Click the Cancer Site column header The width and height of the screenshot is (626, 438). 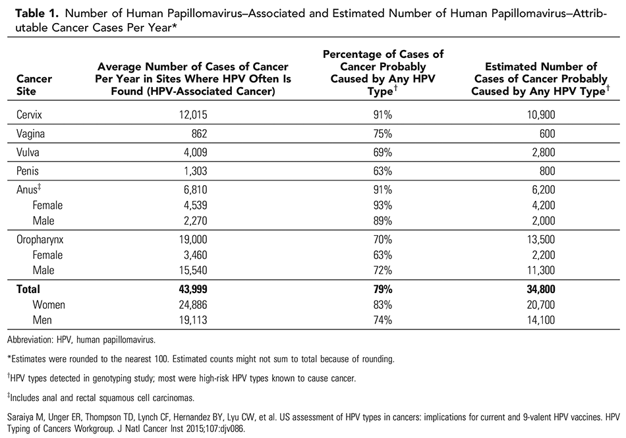[34, 86]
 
